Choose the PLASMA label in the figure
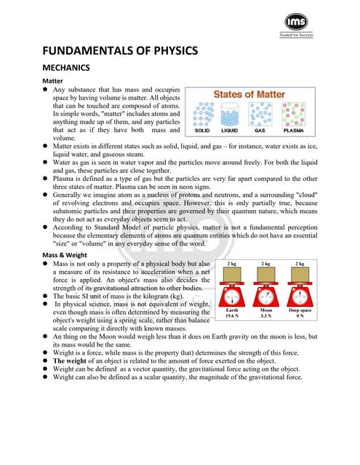click(293, 131)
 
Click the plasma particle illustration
click(293, 114)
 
